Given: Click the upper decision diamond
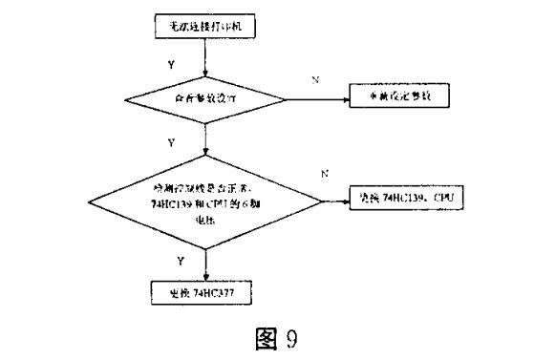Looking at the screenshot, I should pyautogui.click(x=204, y=99).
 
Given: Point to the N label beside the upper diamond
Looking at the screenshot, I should pyautogui.click(x=314, y=79).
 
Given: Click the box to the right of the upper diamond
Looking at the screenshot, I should pyautogui.click(x=392, y=99).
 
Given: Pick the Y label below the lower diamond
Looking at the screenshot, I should pyautogui.click(x=170, y=259).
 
